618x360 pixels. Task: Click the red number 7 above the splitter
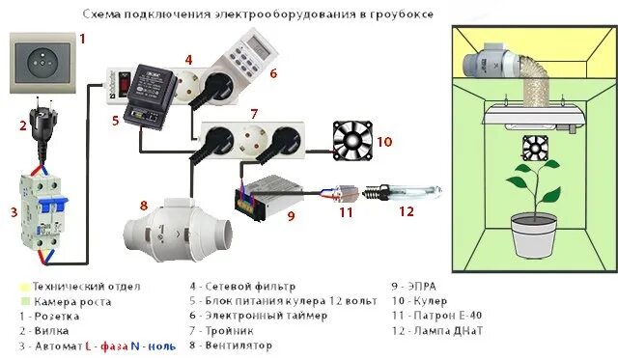coord(253,113)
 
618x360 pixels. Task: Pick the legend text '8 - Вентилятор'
coord(230,345)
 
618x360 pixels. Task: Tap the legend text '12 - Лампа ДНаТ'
coord(435,330)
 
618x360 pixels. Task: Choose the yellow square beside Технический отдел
coord(24,287)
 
